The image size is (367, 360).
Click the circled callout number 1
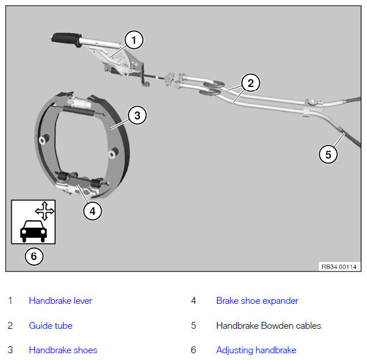(134, 40)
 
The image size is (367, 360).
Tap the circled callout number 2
(251, 83)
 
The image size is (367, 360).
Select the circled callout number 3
(137, 115)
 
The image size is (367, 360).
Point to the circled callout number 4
(93, 211)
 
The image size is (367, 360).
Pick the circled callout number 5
(328, 154)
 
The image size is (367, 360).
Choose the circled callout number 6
(34, 257)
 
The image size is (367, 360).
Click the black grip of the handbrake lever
(66, 39)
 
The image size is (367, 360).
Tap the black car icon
(34, 231)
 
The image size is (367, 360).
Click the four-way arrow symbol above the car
(44, 211)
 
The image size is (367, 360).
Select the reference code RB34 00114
(339, 267)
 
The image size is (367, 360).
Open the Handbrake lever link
(60, 300)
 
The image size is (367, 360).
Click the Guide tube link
(51, 325)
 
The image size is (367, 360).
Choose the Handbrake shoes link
(63, 350)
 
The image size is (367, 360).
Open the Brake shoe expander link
(257, 301)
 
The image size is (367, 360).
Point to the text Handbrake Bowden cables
(269, 325)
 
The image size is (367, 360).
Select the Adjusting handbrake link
(256, 350)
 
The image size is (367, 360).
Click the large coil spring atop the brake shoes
(79, 111)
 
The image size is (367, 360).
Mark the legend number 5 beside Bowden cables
(193, 325)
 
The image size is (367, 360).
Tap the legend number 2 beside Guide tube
(10, 325)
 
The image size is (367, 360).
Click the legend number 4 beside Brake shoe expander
(193, 301)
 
